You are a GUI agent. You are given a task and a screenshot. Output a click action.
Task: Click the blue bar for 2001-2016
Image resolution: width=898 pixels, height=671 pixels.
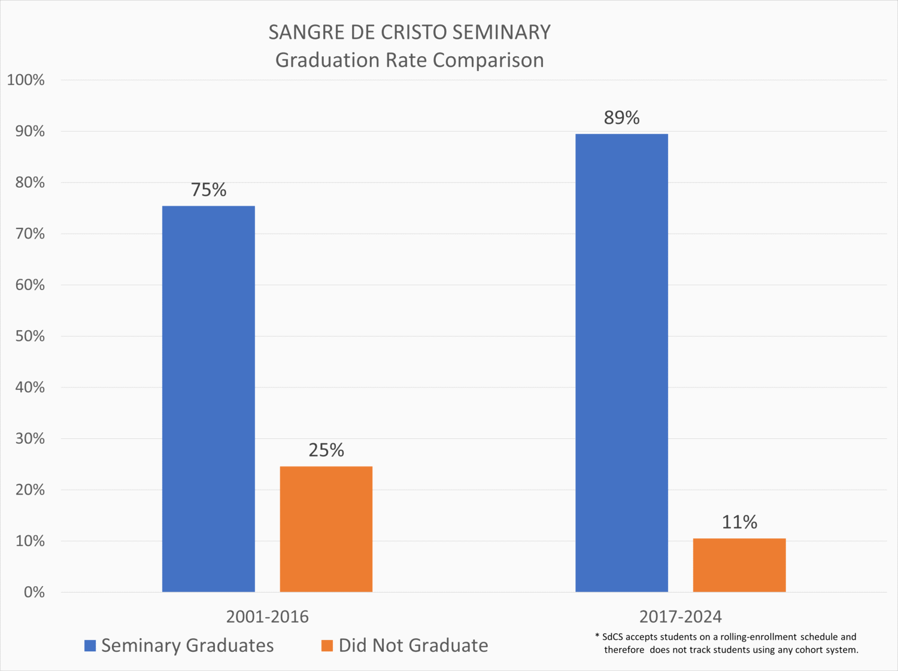208,399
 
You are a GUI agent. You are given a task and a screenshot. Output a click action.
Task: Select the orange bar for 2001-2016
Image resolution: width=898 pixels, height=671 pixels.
326,529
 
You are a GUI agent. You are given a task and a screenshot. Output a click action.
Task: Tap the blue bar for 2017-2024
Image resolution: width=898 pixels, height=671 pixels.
621,363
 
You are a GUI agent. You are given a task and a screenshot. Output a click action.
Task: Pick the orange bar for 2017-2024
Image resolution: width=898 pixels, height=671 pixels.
739,565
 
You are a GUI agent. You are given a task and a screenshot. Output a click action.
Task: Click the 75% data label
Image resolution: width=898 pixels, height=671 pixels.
208,190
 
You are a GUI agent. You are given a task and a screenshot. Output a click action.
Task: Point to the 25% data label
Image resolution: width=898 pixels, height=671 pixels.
326,450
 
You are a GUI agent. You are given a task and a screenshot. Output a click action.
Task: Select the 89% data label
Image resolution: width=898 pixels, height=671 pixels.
621,118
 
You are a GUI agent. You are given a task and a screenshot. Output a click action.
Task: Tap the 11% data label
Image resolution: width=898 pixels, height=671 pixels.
739,523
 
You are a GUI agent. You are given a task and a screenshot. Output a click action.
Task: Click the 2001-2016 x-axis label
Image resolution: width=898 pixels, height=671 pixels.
267,617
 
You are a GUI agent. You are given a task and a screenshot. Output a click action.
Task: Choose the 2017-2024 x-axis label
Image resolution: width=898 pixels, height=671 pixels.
680,617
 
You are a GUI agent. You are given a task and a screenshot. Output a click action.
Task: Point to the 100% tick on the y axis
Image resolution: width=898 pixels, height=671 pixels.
26,80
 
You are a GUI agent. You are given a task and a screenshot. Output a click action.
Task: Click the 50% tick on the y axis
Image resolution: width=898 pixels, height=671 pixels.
30,336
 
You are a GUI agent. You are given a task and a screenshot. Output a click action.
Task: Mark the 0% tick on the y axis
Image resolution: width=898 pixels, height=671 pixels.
34,592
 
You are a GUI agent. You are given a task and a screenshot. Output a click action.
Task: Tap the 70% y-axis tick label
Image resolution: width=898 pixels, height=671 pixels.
30,234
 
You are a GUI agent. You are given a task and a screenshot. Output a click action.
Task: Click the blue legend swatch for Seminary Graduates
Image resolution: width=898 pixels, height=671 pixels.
90,646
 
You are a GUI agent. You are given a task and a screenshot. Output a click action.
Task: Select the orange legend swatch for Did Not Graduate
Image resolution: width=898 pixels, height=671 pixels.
327,646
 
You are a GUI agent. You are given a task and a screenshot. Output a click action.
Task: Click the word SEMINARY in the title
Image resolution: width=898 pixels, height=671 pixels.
501,32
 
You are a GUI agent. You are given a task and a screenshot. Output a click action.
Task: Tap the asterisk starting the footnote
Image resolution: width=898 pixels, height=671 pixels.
597,636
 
